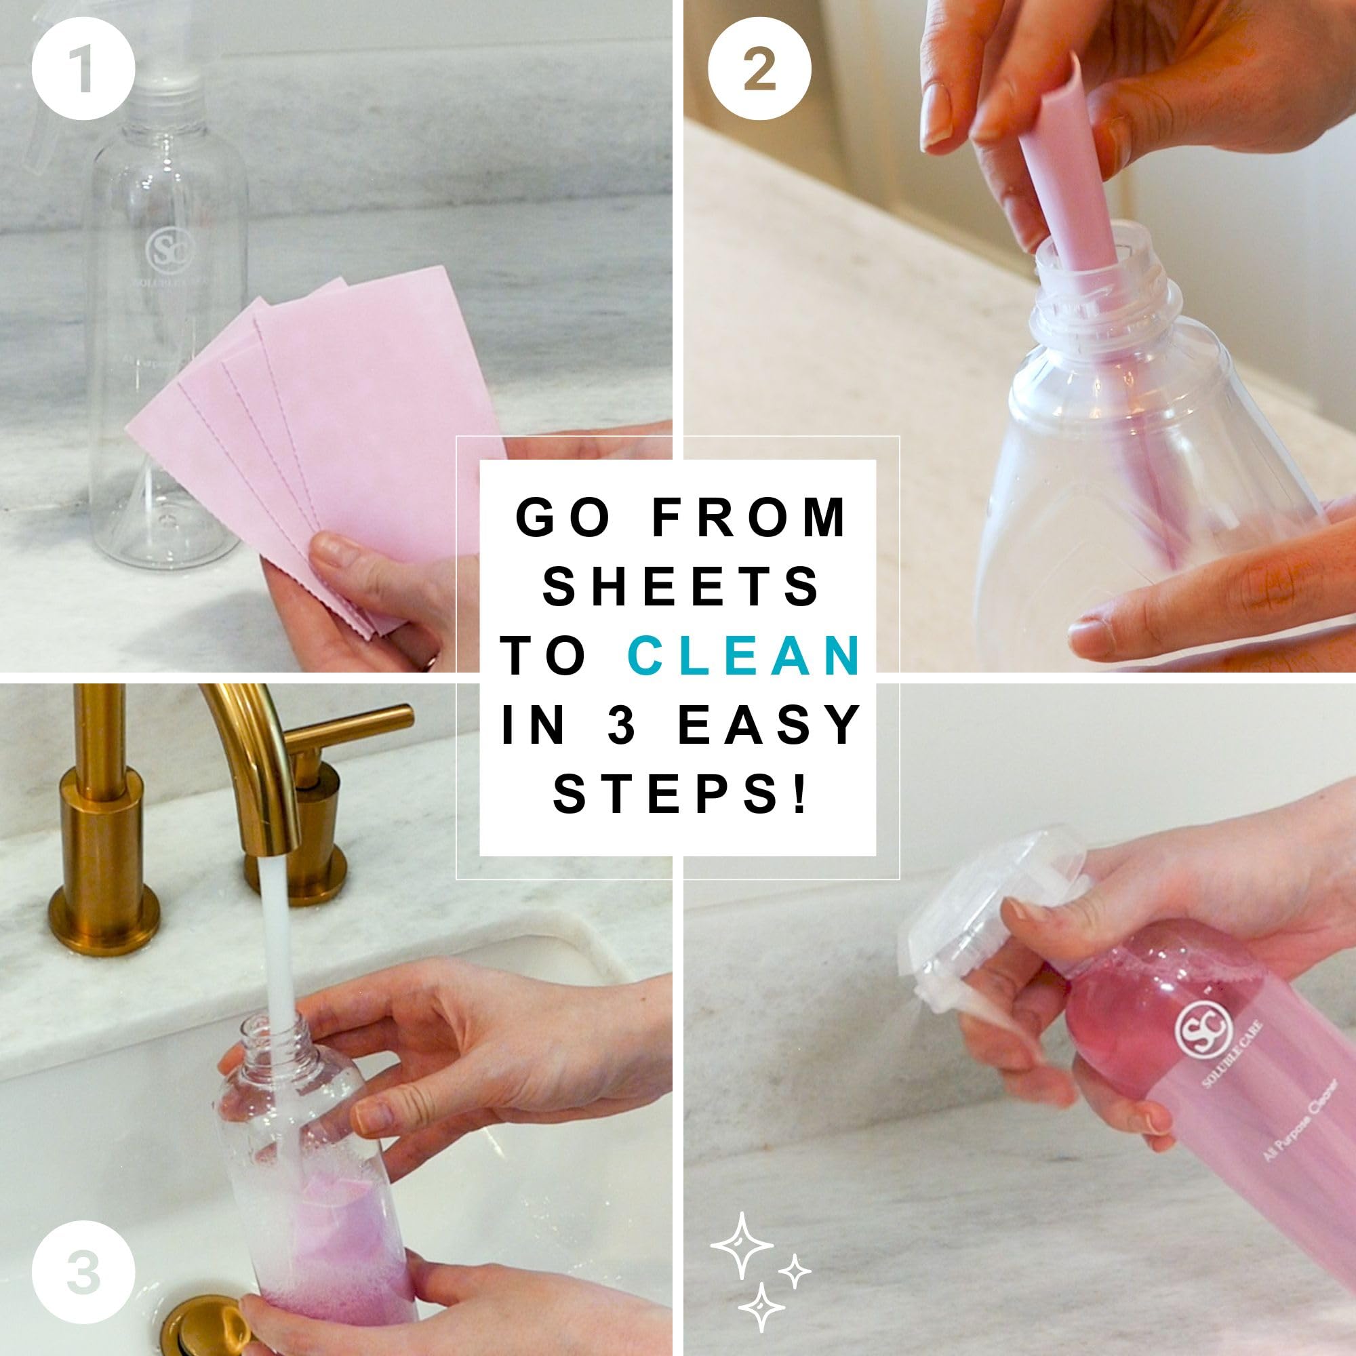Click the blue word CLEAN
coord(744,656)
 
